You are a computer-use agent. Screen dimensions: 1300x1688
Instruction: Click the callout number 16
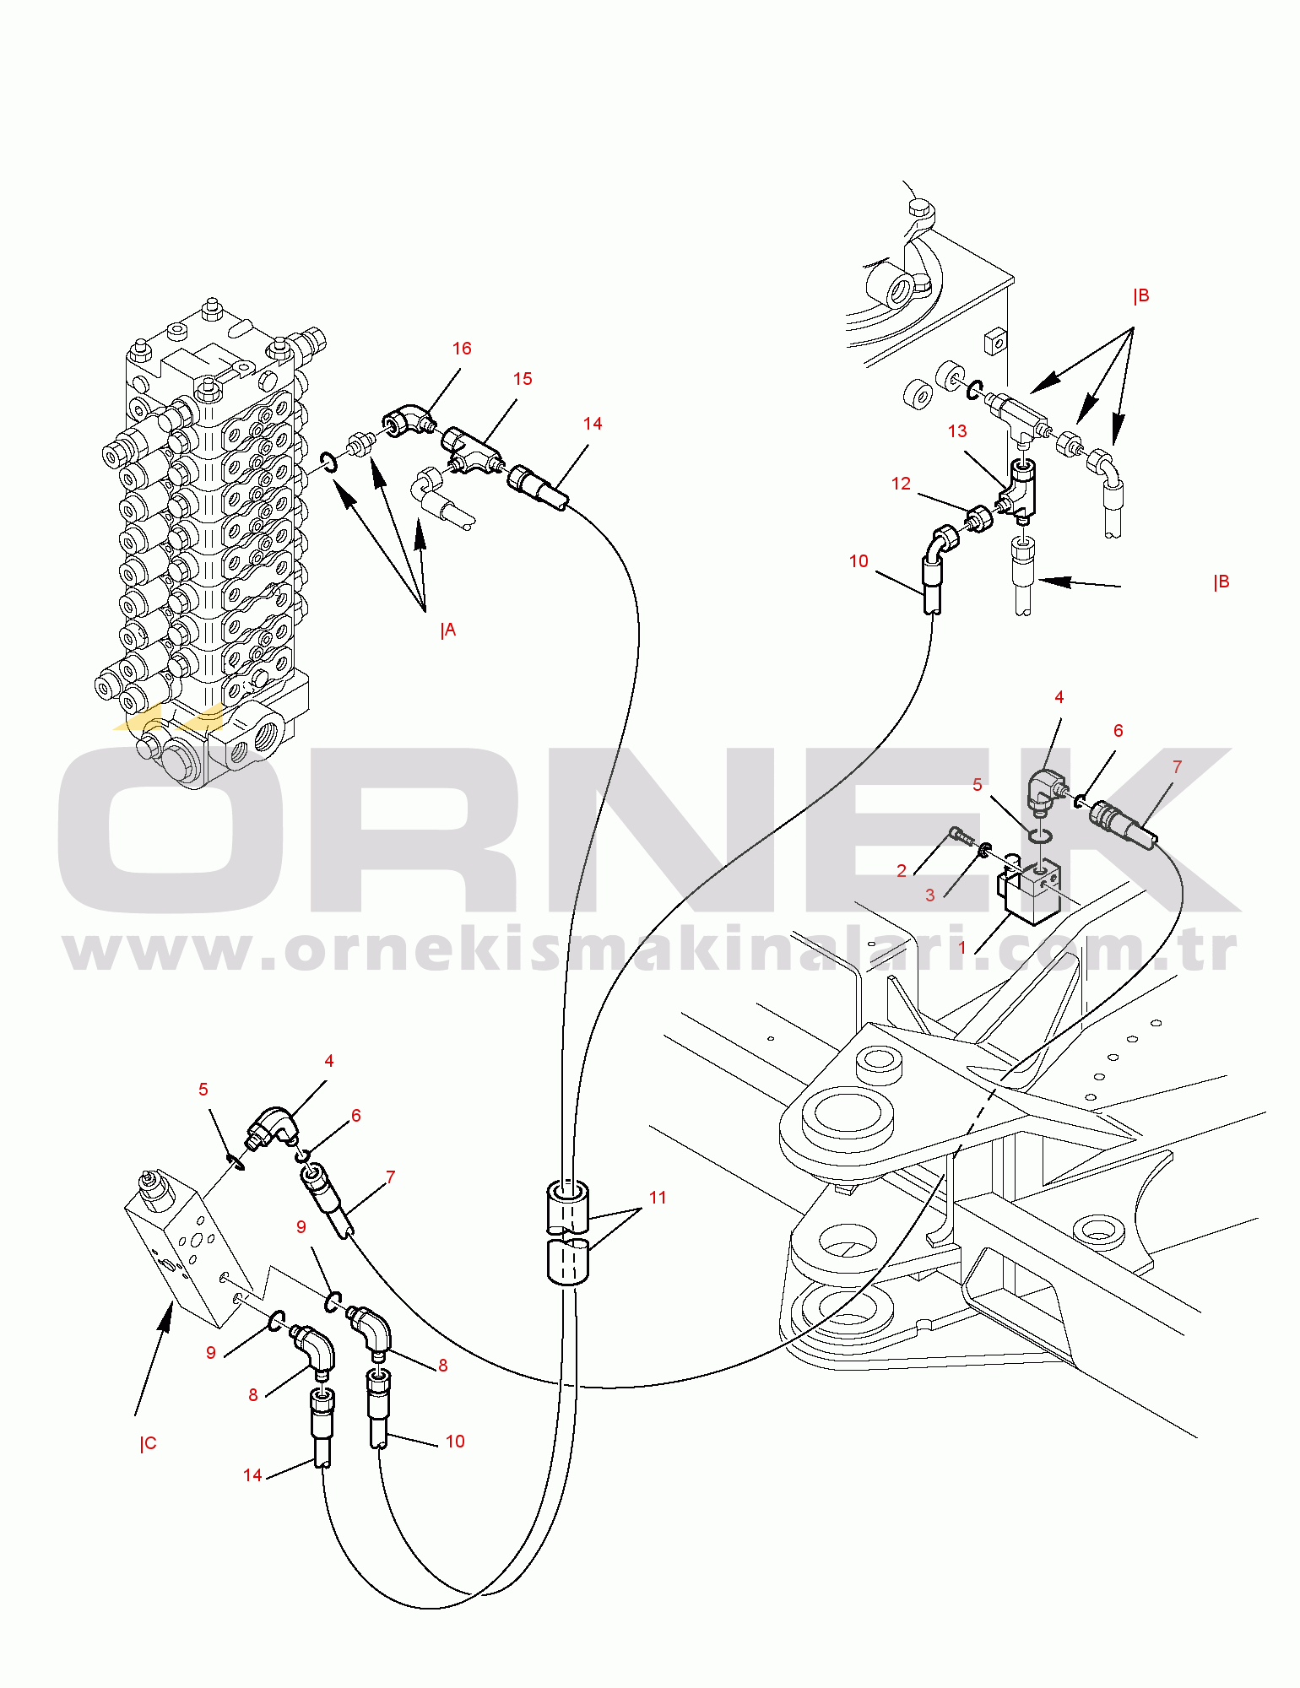pos(462,349)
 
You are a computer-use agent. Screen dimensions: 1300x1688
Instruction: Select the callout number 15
pos(523,379)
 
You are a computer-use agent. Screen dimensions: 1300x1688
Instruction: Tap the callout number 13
pos(957,431)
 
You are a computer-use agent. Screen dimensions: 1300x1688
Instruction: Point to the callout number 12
pos(902,484)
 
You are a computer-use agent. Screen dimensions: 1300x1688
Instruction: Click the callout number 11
pos(658,1198)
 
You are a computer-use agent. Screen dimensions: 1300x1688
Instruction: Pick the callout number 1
pos(962,948)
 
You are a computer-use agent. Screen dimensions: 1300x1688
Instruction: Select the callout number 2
pos(902,871)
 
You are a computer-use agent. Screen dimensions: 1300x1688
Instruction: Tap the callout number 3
pos(930,895)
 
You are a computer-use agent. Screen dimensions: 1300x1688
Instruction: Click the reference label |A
pos(448,630)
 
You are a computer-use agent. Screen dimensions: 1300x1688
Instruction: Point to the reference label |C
pos(149,1443)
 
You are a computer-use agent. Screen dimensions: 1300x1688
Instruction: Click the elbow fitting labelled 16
pos(408,418)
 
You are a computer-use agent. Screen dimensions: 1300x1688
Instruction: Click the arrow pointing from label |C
pos(153,1359)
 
